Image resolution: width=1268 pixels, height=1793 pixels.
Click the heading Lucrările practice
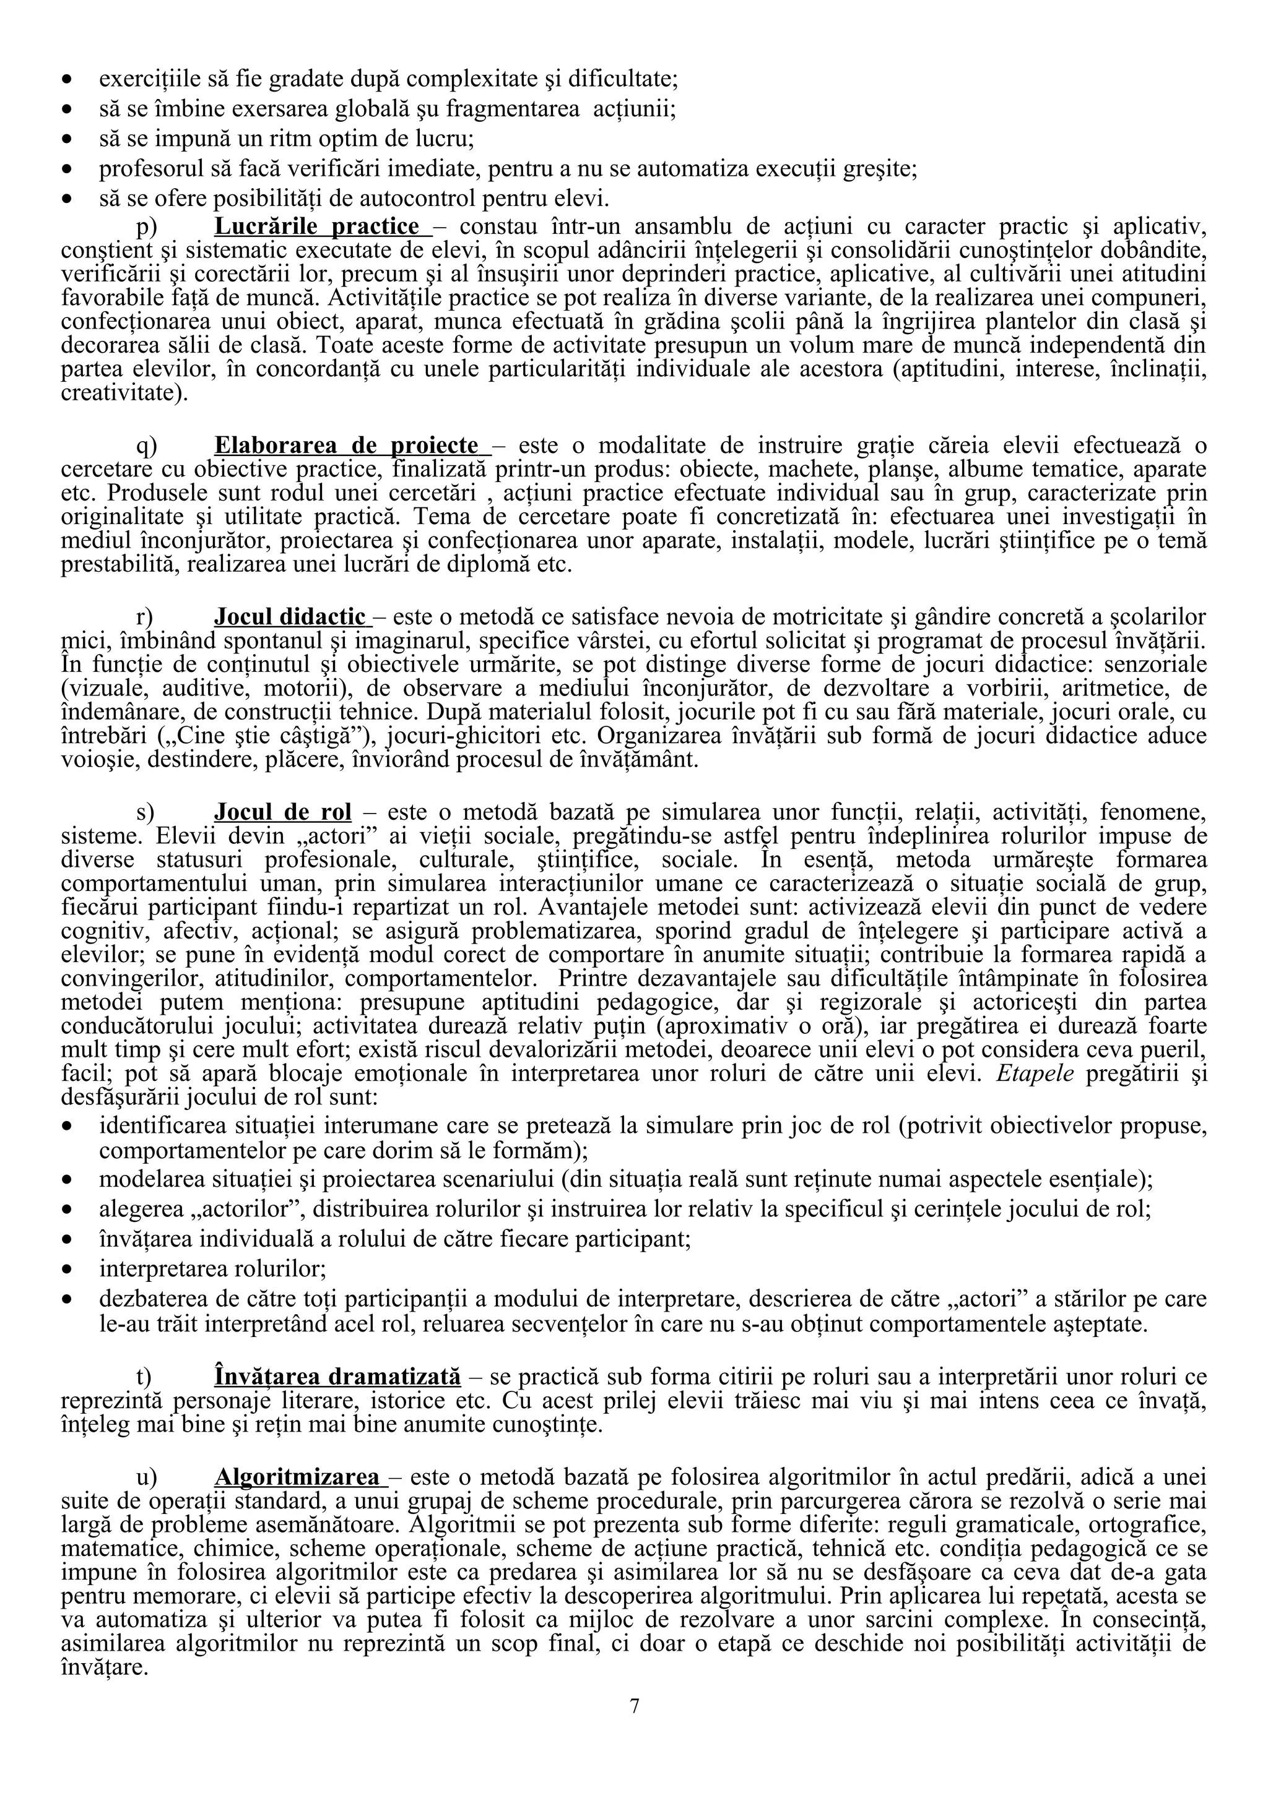[316, 226]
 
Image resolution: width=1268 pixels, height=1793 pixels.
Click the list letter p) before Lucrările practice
[147, 227]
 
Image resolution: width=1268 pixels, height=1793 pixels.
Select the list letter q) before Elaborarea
[147, 446]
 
